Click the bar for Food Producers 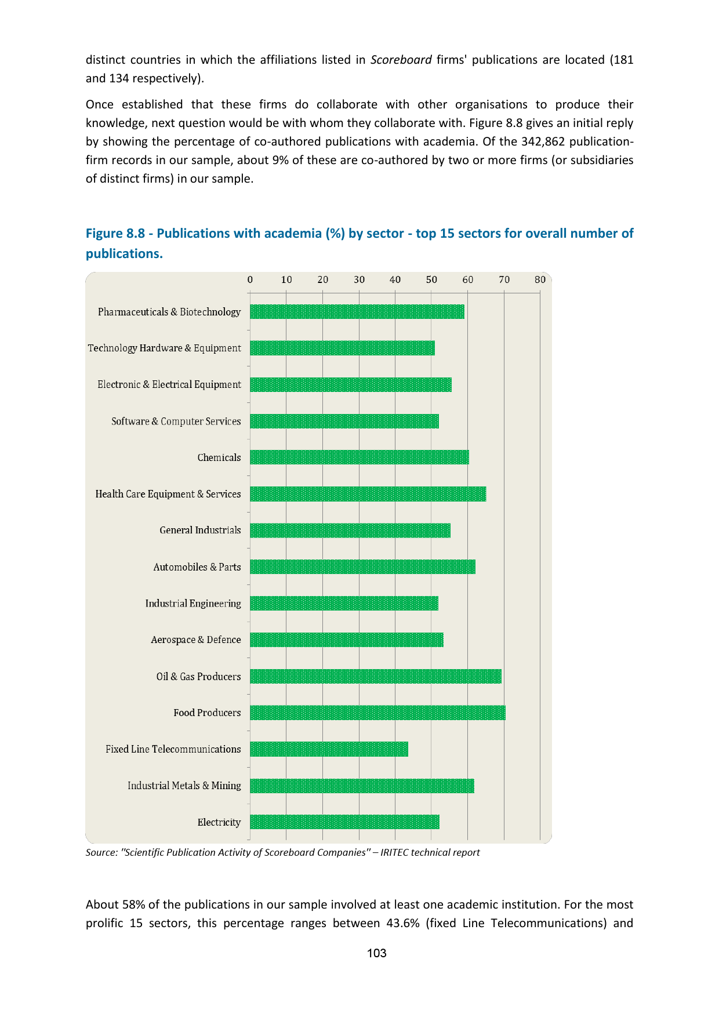point(377,713)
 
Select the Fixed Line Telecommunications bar point(329,749)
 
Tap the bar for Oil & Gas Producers point(376,676)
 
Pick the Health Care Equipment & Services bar point(368,494)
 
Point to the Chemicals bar point(359,457)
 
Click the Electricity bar point(344,822)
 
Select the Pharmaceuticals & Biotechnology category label point(169,312)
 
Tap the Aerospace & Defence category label point(196,640)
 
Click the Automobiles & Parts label point(197,567)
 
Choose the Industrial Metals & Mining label point(184,786)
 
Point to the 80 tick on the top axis point(540,279)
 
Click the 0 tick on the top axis point(250,279)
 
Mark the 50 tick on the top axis point(431,279)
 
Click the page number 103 point(376,953)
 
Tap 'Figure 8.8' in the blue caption point(118,233)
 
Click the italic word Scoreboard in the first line point(401,60)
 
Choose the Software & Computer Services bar point(344,421)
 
